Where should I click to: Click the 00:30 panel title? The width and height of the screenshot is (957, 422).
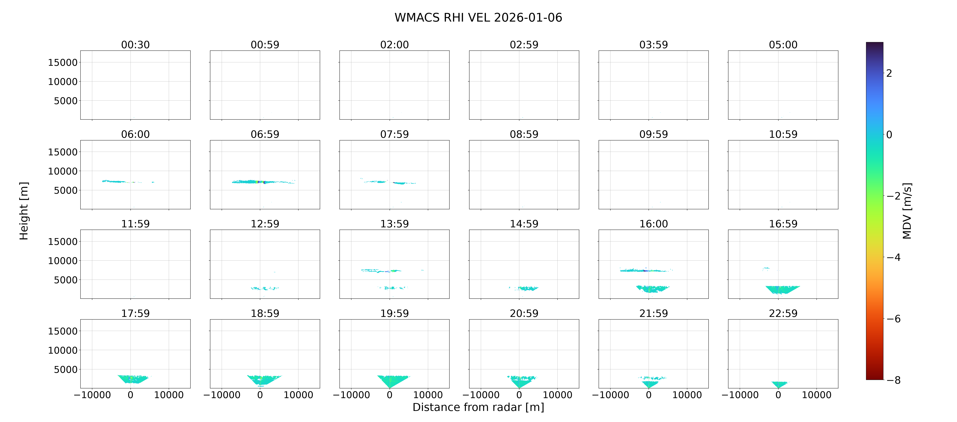135,45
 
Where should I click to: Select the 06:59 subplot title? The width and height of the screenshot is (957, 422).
265,134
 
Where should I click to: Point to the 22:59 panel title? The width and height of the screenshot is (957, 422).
783,314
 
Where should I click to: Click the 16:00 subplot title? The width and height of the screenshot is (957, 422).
653,224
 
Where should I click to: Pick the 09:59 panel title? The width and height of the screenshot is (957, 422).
653,134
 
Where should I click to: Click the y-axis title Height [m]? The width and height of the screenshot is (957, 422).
24,211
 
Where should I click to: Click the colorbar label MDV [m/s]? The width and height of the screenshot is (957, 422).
907,211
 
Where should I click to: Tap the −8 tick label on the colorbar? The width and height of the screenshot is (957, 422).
893,380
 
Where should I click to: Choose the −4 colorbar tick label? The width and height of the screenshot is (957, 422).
893,258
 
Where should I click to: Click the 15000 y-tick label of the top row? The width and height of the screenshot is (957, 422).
63,62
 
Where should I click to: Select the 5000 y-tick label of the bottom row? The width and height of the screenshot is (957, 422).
66,370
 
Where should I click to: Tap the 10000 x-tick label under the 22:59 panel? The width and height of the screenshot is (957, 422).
817,395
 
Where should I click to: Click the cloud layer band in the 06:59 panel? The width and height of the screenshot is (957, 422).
263,182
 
